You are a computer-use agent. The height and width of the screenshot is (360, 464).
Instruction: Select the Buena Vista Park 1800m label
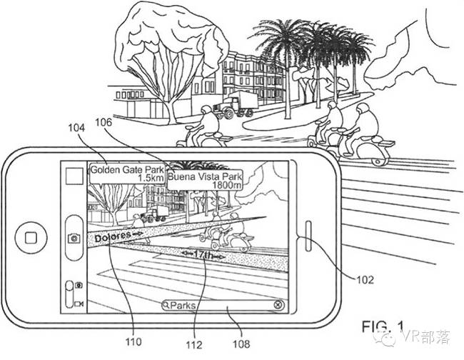[206, 179]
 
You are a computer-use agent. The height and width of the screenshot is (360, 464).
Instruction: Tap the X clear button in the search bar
[278, 306]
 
